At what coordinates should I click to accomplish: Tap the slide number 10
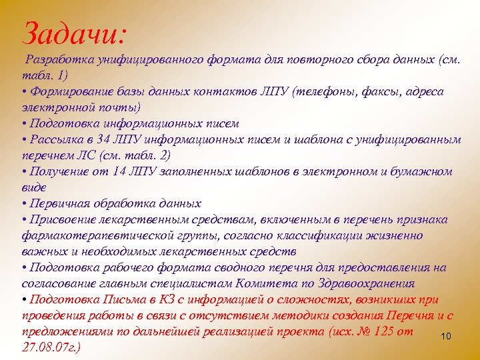click(x=446, y=337)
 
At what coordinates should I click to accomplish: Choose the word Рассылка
click(x=57, y=139)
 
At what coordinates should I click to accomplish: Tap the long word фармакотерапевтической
click(x=103, y=235)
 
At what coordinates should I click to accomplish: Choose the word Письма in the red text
click(x=127, y=299)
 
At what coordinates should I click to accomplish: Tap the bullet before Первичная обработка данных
click(x=25, y=203)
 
